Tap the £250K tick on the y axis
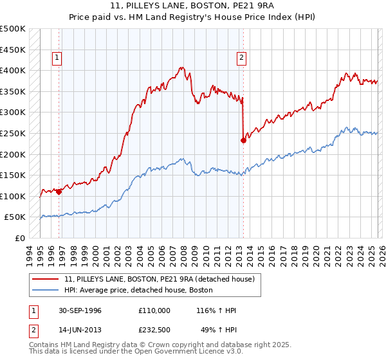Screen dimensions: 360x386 pyautogui.click(x=13, y=133)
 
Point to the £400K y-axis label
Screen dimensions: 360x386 pyautogui.click(x=13, y=70)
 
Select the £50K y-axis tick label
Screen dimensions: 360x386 pyautogui.click(x=15, y=217)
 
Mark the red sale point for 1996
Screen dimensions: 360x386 pyautogui.click(x=59, y=191)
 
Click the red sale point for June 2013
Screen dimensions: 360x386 pyautogui.click(x=243, y=140)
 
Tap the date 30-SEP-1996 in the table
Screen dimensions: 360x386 pyautogui.click(x=78, y=310)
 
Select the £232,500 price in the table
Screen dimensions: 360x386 pyautogui.click(x=154, y=330)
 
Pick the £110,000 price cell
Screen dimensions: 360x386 pyautogui.click(x=154, y=310)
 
